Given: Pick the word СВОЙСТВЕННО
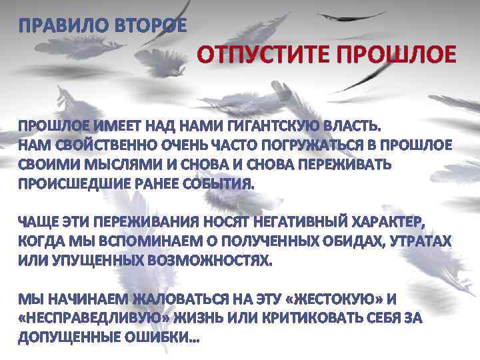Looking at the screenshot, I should (x=102, y=146).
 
